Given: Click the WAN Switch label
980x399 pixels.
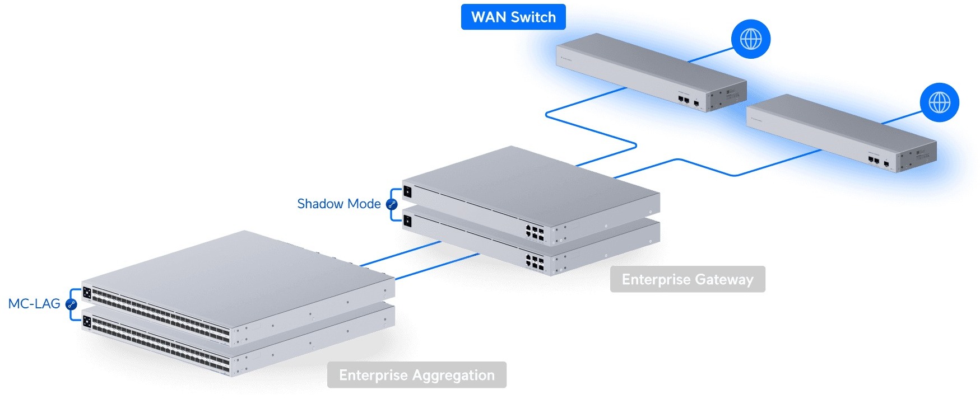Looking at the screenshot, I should tap(513, 17).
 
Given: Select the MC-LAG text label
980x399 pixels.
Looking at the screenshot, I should tap(34, 304).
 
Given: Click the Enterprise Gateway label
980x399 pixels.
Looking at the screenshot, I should tap(688, 279).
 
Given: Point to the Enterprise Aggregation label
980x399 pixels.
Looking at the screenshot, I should tap(417, 375).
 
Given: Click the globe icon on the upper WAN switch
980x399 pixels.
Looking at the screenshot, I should tap(751, 39).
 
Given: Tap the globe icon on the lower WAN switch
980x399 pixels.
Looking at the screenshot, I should tap(940, 102).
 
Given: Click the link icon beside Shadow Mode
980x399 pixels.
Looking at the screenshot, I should tap(392, 204).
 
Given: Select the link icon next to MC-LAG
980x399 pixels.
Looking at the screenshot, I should tap(71, 304).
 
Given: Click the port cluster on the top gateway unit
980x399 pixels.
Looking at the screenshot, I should tap(535, 232).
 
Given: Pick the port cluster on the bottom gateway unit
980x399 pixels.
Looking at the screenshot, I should tap(535, 262).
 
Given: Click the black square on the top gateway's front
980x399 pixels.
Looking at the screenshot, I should tap(407, 192).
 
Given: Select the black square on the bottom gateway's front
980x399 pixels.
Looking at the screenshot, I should tap(407, 222).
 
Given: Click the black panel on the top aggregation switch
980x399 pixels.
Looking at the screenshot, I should tap(87, 293).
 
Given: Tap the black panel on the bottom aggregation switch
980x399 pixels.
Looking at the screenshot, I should tap(87, 321).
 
